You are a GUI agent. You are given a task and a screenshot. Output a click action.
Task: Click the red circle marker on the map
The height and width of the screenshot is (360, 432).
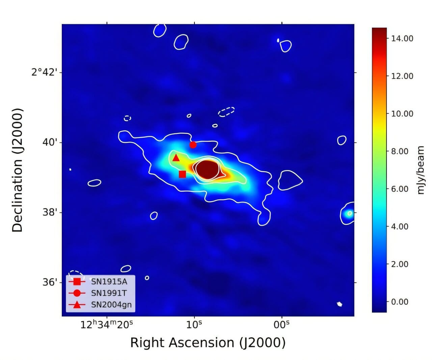[193, 145]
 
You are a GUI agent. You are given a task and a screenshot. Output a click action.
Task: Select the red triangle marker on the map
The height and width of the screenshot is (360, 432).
[176, 158]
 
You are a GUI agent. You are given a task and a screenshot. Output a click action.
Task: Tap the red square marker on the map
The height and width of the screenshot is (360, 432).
[183, 174]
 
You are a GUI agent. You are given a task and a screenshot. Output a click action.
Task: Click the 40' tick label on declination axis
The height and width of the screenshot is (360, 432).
[49, 142]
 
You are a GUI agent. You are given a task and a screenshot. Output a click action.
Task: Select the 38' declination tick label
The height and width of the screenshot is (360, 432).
[49, 213]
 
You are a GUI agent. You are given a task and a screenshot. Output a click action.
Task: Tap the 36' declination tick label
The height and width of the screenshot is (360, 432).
[49, 282]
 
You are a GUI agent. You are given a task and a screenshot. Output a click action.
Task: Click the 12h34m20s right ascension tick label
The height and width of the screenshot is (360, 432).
[107, 325]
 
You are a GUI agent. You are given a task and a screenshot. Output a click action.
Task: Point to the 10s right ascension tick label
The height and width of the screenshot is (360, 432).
[194, 325]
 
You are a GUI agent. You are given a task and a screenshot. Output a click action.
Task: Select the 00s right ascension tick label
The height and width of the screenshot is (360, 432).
[282, 325]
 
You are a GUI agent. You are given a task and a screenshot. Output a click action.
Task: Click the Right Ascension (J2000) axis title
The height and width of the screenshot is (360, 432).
[208, 342]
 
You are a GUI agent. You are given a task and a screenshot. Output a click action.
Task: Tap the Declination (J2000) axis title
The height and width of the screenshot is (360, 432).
[18, 170]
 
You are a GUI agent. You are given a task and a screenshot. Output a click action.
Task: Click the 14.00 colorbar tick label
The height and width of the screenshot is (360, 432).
[402, 38]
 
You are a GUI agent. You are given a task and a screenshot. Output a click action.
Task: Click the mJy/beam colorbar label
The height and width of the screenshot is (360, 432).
[421, 170]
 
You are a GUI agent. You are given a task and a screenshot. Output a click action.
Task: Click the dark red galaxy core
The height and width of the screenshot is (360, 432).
[207, 169]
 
